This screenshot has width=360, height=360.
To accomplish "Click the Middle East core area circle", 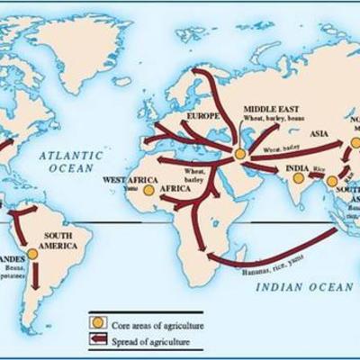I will tap(240, 155).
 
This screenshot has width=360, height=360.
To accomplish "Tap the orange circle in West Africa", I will tap(148, 190).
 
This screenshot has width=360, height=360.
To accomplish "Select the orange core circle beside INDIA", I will tap(297, 178).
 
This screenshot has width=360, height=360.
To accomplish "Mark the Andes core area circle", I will tap(32, 255).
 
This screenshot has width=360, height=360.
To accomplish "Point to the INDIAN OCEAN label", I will tap(302, 285).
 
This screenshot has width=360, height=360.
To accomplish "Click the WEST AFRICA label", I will tap(123, 180).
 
